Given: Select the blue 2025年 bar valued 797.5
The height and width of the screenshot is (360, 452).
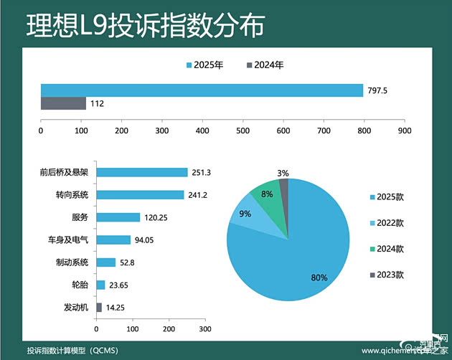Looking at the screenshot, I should point(202,90).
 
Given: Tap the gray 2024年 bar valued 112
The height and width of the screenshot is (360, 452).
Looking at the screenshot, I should point(63,103).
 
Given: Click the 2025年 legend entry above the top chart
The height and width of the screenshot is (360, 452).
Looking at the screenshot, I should point(205,65).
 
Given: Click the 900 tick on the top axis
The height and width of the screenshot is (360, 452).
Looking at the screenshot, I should point(405,131).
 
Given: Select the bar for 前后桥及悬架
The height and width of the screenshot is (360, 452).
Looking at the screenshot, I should point(141,172).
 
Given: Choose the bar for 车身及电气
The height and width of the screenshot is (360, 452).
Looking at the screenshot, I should point(113,240).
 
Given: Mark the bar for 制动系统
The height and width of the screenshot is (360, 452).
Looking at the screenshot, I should point(105,262).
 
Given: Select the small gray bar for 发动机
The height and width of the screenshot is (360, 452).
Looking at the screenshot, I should point(99,307).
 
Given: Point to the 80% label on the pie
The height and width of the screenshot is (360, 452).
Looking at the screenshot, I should point(319,278).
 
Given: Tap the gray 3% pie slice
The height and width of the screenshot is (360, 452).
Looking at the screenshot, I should point(284,186).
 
